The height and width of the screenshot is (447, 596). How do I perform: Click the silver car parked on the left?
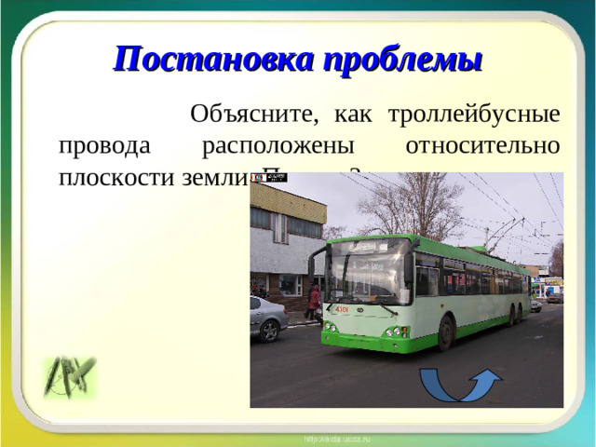point(267,318)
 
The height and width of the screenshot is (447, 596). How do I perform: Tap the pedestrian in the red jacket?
point(314,302)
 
